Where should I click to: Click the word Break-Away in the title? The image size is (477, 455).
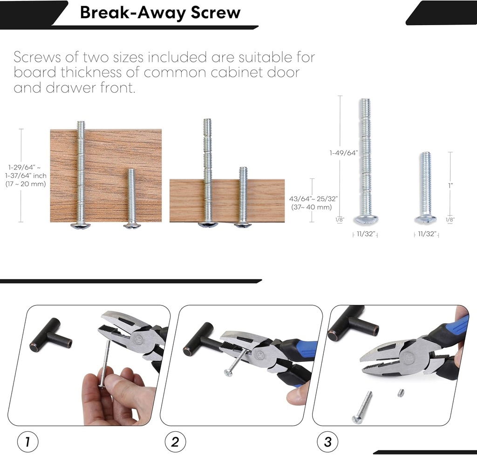tap(130, 13)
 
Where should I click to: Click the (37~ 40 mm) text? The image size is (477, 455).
tap(311, 207)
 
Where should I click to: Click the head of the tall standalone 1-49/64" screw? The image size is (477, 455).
tap(366, 220)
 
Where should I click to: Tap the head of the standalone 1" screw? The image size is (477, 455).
tap(425, 219)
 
